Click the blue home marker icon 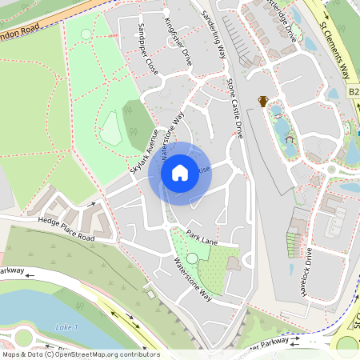click(179, 173)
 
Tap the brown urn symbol click(262, 101)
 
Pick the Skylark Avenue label click(145, 157)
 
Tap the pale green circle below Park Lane click(192, 258)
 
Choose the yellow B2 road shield click(354, 92)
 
